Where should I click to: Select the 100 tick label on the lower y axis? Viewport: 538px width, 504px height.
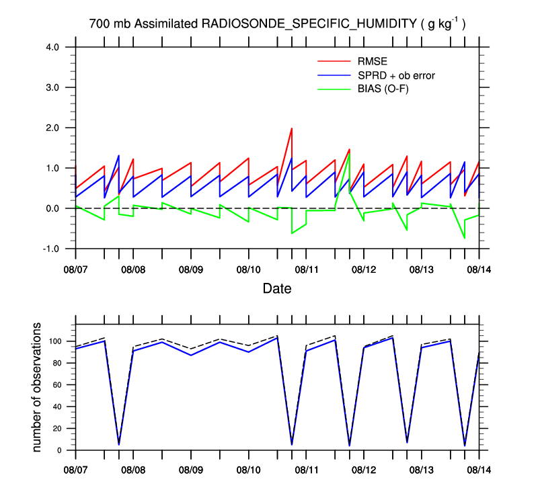[54, 341]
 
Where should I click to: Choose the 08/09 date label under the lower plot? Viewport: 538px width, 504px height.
[190, 468]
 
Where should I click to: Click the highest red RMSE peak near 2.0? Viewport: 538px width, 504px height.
[291, 128]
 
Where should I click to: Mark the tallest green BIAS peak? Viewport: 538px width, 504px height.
[349, 154]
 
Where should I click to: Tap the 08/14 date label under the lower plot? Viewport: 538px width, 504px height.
[479, 468]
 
